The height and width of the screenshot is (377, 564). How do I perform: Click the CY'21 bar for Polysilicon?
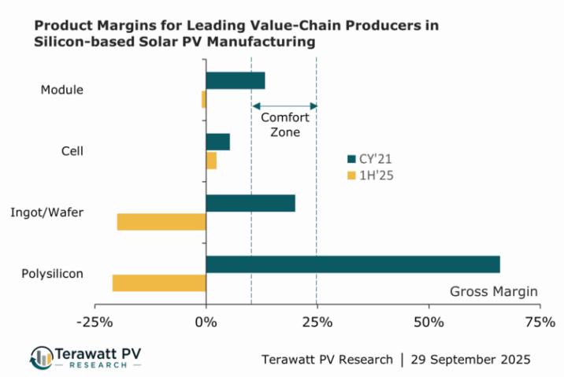tap(352, 264)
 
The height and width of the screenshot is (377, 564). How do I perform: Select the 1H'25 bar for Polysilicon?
tap(159, 283)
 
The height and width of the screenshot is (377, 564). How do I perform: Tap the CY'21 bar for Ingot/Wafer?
tap(250, 203)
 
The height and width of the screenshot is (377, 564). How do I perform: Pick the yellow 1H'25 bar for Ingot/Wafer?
tap(161, 221)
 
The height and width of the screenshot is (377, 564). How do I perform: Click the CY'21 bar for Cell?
tap(217, 142)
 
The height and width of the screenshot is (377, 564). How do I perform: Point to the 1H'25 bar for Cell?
tap(211, 160)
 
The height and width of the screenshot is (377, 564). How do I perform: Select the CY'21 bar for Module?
tap(235, 80)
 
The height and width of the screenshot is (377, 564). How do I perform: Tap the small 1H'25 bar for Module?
tap(203, 99)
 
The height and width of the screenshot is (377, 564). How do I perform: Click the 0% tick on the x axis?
tap(206, 322)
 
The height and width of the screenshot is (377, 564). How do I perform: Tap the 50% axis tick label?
tap(428, 322)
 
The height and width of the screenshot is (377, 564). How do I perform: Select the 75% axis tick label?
tap(539, 322)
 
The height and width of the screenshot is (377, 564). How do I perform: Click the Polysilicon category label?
tap(52, 274)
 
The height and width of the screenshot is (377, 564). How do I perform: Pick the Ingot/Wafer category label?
tap(46, 213)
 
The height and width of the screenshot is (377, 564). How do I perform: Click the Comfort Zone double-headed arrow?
tap(284, 106)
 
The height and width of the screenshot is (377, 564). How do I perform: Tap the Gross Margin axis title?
tap(494, 292)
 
